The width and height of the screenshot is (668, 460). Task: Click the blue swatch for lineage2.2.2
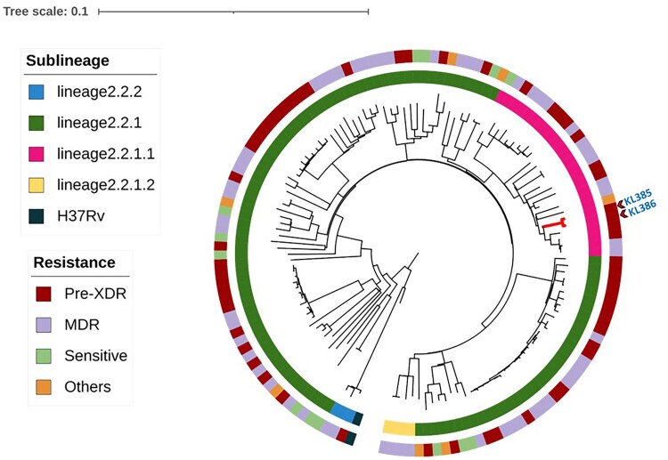[x=37, y=92]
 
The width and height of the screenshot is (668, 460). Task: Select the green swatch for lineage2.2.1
[x=37, y=123]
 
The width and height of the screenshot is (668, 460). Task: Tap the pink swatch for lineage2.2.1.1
[x=37, y=154]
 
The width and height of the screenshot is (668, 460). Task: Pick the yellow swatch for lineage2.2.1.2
[x=37, y=185]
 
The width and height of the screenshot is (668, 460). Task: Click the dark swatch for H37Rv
[x=37, y=216]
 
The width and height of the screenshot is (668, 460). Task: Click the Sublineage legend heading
[x=68, y=61]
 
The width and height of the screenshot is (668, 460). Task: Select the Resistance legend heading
[x=74, y=263]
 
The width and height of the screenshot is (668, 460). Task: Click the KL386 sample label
[x=641, y=212]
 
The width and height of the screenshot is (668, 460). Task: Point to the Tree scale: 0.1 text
[x=45, y=12]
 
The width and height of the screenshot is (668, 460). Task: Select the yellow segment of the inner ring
[x=398, y=428]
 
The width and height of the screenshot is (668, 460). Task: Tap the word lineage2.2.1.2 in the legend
[x=106, y=185]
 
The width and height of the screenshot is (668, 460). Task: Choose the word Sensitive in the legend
[x=95, y=356]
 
